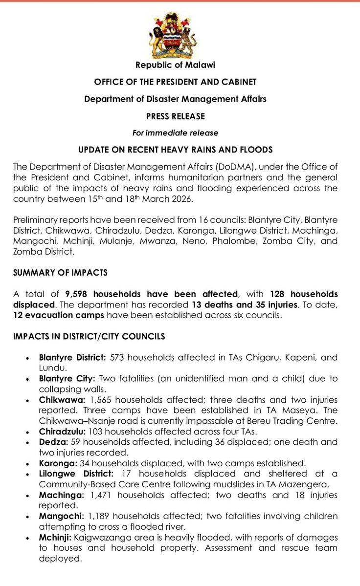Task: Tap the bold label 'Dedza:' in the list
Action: pos(53,442)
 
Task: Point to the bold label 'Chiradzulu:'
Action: pos(62,431)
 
